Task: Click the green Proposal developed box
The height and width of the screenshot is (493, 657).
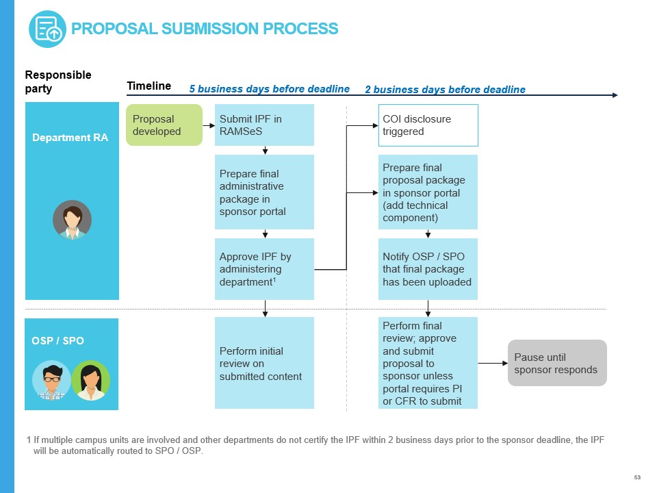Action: (x=164, y=125)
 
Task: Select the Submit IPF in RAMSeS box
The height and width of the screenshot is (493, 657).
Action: (x=264, y=125)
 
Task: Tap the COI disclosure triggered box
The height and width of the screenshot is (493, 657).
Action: (x=428, y=125)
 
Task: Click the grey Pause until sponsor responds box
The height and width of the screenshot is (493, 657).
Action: (x=556, y=363)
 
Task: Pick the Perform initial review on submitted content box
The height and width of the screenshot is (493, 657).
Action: (x=264, y=363)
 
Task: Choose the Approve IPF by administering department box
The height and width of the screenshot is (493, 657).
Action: (x=264, y=269)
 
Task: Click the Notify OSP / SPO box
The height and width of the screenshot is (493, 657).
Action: (x=428, y=269)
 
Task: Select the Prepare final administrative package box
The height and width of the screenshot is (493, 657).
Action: (x=264, y=192)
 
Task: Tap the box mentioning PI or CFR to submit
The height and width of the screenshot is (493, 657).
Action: (x=428, y=363)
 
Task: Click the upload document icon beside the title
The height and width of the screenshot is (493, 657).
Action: (x=47, y=29)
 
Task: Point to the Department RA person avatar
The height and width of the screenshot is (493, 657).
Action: (x=72, y=219)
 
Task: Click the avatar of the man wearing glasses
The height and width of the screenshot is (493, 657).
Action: (x=51, y=380)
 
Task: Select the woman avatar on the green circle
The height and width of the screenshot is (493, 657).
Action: (x=90, y=380)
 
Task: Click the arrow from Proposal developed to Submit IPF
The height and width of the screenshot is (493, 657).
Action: (x=208, y=125)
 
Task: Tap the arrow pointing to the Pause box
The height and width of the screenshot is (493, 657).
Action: (x=492, y=363)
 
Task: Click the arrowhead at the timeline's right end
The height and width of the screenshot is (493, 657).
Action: (x=614, y=95)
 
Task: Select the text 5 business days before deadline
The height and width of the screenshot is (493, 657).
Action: (x=269, y=89)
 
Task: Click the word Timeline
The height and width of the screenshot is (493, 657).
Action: (x=149, y=86)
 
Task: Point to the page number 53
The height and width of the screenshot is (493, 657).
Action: (x=637, y=477)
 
